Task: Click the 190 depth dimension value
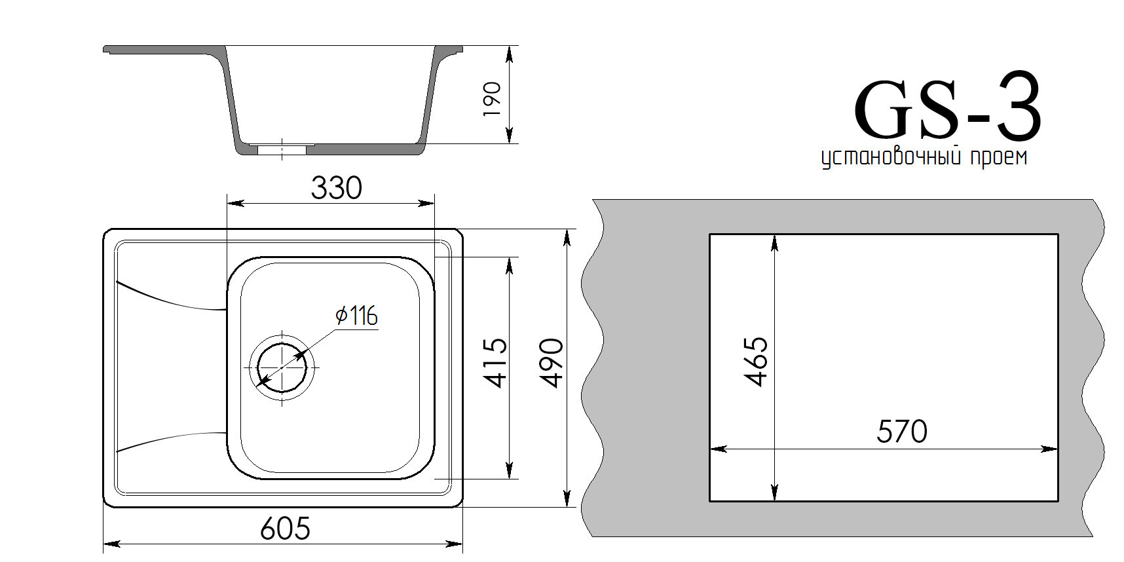pyautogui.click(x=492, y=99)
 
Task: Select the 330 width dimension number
pyautogui.click(x=336, y=189)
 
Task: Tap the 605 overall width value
pyautogui.click(x=285, y=528)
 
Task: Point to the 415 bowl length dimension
pyautogui.click(x=496, y=362)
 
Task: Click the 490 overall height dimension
pyautogui.click(x=552, y=364)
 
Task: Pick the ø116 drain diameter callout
pyautogui.click(x=357, y=316)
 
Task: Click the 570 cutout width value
pyautogui.click(x=902, y=432)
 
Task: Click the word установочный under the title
pyautogui.click(x=890, y=158)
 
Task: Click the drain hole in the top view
pyautogui.click(x=282, y=367)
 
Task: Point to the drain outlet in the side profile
pyautogui.click(x=282, y=149)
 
